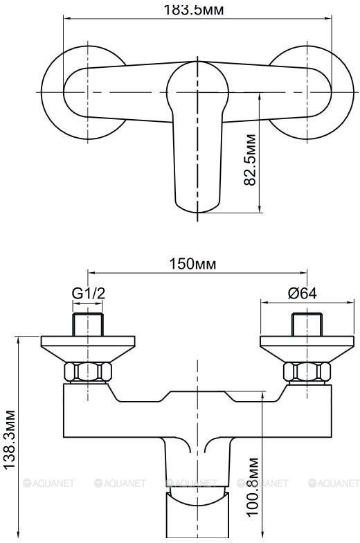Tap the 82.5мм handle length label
tap(251, 160)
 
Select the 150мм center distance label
tap(192, 264)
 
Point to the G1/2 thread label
tap(89, 294)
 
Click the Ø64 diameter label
tap(302, 294)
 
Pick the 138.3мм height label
tap(10, 440)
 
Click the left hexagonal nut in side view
tap(89, 371)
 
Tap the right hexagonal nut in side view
tap(307, 371)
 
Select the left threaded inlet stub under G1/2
tap(89, 324)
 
